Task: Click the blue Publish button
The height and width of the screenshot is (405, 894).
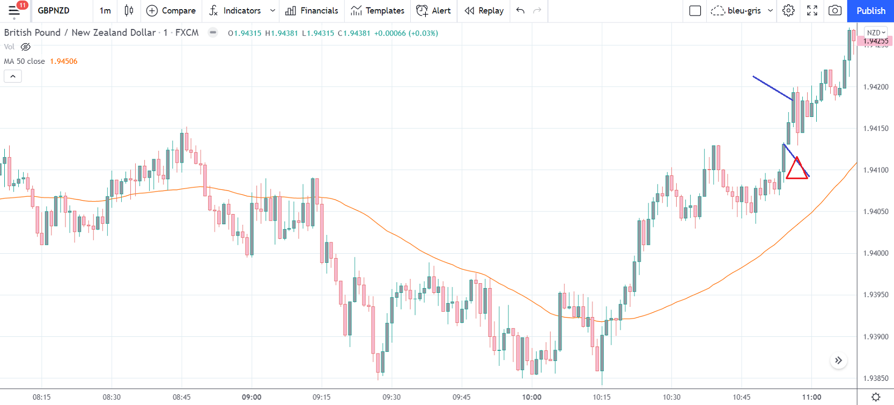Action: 870,11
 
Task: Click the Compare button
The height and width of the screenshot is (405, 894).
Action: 171,11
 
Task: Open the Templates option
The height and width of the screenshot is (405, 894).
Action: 378,11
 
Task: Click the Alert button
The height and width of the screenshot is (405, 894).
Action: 434,11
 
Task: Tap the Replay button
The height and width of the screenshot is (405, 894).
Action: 484,11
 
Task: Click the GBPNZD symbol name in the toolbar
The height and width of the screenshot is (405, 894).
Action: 54,11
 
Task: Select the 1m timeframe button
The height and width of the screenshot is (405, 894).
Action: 105,11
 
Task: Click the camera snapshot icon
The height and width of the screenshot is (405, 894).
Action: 835,11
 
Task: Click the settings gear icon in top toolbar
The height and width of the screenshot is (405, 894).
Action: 788,11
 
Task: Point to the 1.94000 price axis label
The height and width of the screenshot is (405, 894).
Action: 876,253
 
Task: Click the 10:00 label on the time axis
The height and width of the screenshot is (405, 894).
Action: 531,397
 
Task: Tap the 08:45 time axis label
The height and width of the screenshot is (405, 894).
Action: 181,397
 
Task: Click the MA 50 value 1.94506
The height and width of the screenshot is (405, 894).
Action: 63,61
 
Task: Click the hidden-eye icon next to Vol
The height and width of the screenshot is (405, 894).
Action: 25,47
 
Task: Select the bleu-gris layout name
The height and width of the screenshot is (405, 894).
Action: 744,11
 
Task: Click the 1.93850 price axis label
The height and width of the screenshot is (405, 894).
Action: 876,378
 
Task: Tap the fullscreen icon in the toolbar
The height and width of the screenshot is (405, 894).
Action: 812,11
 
